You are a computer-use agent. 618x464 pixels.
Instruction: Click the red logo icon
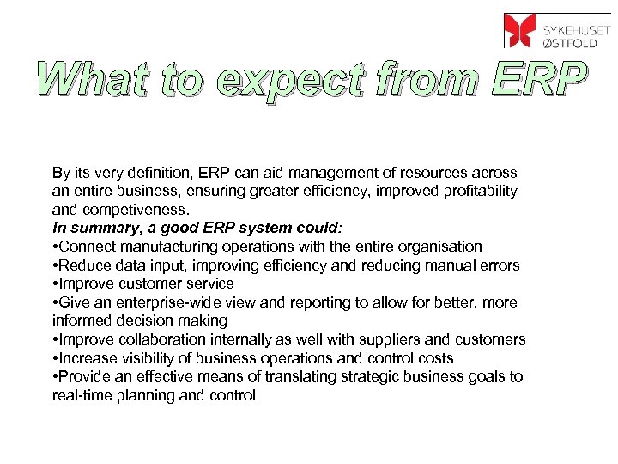pyautogui.click(x=518, y=30)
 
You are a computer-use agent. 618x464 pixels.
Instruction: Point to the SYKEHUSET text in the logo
pyautogui.click(x=576, y=22)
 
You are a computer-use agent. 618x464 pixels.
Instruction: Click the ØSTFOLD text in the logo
pyautogui.click(x=575, y=40)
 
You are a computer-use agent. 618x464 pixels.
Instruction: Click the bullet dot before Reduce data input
pyautogui.click(x=55, y=266)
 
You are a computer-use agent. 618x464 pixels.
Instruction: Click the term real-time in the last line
pyautogui.click(x=80, y=395)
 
